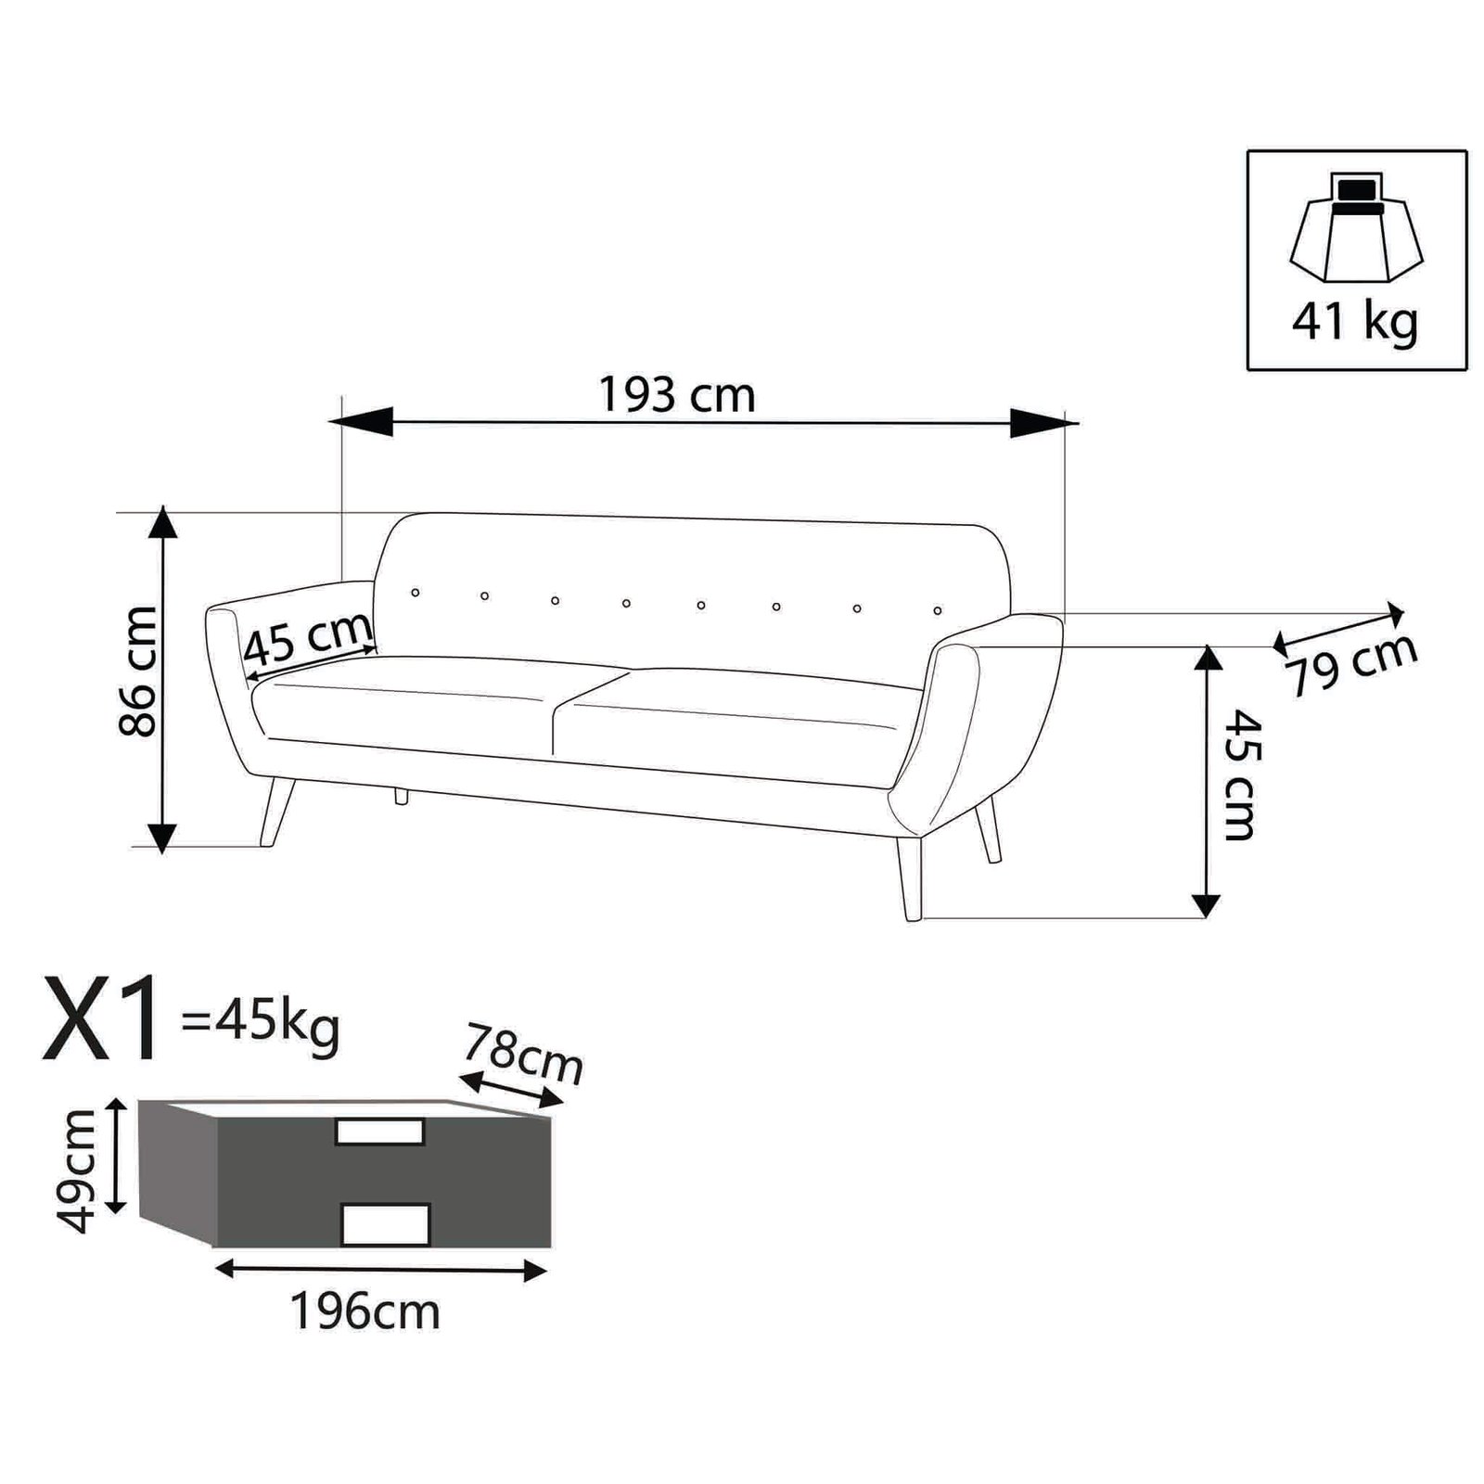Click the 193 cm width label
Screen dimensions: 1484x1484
[x=677, y=396]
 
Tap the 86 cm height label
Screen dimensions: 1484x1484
[x=139, y=672]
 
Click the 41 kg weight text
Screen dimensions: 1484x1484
[x=1355, y=321]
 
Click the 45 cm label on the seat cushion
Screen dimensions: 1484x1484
[x=308, y=640]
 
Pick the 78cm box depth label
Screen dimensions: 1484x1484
[x=523, y=1053]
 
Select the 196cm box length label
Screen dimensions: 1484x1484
[x=365, y=1311]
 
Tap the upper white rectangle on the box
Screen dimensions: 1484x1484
[x=379, y=1132]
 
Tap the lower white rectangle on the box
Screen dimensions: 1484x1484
[x=386, y=1224]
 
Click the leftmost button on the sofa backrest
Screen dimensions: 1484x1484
[x=415, y=592]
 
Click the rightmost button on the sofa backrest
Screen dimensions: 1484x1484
[x=938, y=610]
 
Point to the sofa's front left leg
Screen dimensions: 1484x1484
[x=276, y=812]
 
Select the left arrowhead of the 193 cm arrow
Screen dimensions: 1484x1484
[x=362, y=422]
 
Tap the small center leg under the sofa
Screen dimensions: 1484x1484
[x=402, y=795]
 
